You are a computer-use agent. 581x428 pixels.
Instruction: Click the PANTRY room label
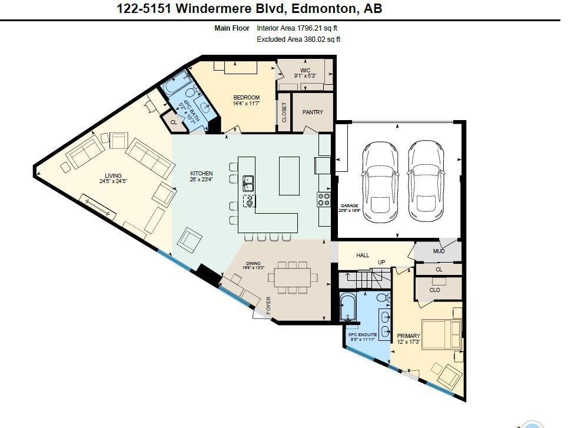(313, 112)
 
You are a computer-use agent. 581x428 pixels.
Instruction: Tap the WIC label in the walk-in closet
(305, 71)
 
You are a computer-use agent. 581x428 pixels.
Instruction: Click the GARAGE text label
(349, 205)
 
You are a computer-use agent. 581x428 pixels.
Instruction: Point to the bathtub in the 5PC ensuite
(348, 307)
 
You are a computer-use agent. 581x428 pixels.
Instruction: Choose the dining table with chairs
(294, 277)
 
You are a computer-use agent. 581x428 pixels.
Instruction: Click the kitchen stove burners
(324, 200)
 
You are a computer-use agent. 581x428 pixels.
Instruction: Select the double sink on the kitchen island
(248, 184)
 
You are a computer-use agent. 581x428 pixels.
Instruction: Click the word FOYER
(269, 306)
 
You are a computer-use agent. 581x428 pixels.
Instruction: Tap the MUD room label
(439, 251)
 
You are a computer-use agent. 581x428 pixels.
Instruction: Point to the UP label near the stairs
(381, 263)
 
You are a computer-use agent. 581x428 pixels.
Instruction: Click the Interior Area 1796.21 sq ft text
(297, 28)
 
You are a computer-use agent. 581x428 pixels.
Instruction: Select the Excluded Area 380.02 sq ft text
(298, 39)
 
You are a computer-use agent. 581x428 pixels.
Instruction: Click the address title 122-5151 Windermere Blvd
(249, 8)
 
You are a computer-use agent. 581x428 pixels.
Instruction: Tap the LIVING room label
(113, 175)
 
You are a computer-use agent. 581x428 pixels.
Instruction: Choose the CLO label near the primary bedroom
(434, 290)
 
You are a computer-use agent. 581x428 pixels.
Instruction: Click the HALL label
(363, 255)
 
